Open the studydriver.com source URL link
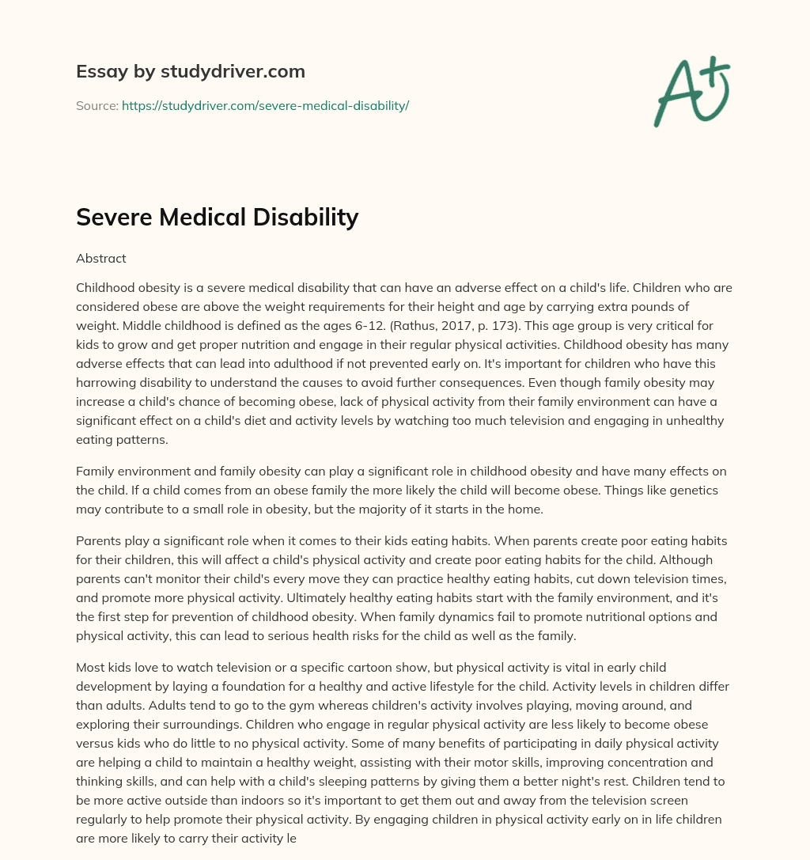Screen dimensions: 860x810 (265, 105)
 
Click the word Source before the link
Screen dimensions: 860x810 (97, 105)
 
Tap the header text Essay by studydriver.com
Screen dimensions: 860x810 (191, 71)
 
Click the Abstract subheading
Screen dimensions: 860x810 (101, 258)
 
